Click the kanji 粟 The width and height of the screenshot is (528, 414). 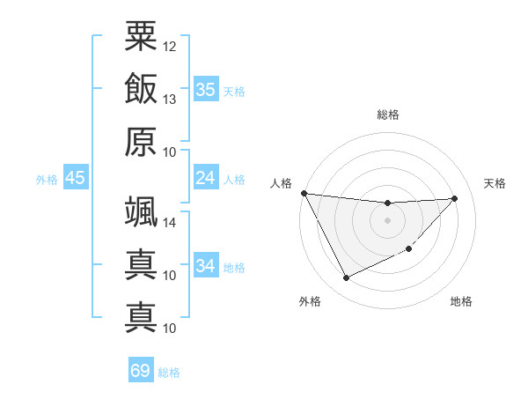coord(141,36)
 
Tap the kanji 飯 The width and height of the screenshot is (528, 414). coord(141,88)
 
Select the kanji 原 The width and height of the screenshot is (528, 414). coord(141,141)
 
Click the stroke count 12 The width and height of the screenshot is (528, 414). coord(170,46)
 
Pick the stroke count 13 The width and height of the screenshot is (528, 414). coord(170,99)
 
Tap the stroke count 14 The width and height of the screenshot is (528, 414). coord(170,223)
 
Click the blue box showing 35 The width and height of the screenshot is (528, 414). coord(206,89)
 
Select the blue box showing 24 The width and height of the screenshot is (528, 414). coord(206,178)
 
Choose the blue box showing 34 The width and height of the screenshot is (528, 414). coord(206,265)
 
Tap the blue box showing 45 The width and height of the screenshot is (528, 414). coord(75,178)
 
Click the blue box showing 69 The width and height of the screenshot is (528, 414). coord(140,371)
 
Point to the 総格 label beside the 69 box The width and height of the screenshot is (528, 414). coord(169,373)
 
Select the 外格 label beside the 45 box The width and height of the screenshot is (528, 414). coord(47,180)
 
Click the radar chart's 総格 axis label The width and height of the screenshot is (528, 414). coord(387,115)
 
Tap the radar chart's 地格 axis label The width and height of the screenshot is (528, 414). coord(461,301)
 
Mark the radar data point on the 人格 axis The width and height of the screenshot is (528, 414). coord(304,193)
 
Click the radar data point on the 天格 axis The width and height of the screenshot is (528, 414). coord(455,198)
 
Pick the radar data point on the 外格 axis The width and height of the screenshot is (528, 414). coord(346,278)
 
